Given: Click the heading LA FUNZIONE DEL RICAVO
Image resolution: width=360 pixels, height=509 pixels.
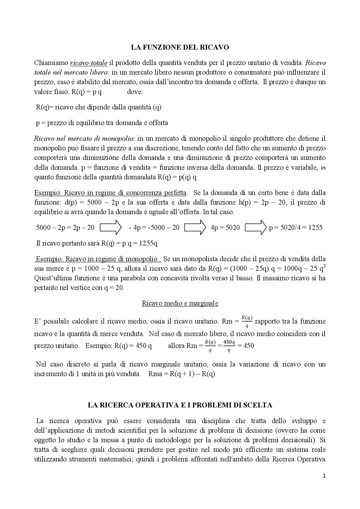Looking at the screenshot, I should coord(180,47).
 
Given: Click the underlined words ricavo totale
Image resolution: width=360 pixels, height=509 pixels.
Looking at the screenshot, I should coord(89,63).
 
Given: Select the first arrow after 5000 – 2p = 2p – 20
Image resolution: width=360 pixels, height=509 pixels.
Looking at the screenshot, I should coord(111,227).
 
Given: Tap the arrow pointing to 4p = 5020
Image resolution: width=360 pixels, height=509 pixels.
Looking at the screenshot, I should coord(195,227).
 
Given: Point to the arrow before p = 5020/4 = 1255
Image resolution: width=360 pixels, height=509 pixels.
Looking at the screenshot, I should coord(256,227).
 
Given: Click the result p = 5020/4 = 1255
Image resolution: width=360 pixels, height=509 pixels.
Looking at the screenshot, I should coord(296,227).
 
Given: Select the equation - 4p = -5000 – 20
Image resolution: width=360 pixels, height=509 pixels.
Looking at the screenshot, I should coord(154,227).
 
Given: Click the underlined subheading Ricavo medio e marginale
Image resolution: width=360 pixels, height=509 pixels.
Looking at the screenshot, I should coord(180,303).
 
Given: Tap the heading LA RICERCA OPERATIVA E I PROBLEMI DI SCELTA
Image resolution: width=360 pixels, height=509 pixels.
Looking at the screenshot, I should coord(180,405).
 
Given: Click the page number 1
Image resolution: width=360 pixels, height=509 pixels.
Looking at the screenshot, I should coord(324,476).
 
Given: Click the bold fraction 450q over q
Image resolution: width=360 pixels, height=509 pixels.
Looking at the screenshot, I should coord(229,346).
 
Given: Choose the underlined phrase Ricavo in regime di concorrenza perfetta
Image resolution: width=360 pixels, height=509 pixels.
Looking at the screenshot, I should coord(125,193).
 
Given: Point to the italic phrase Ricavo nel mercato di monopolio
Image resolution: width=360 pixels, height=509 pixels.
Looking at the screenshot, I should coord(84,138).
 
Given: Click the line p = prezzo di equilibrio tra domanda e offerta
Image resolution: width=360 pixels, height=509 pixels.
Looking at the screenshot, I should coord(102,123).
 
